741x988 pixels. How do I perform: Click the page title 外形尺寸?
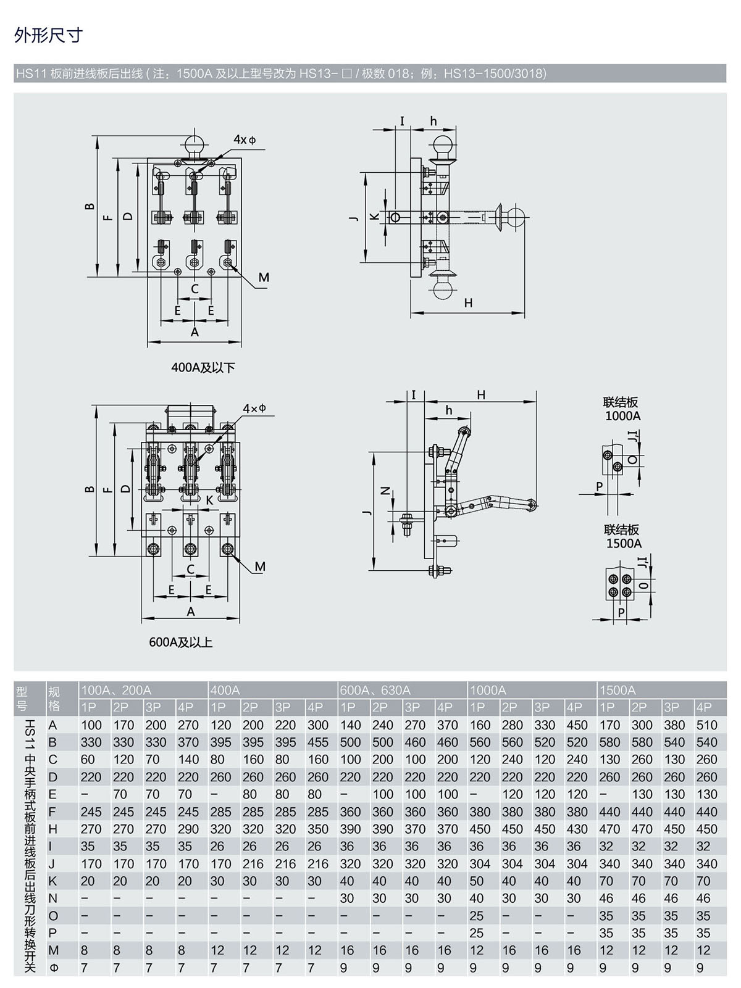(49, 35)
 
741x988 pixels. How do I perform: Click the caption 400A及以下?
(203, 368)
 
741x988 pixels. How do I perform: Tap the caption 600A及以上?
(181, 642)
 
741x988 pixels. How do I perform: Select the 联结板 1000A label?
(621, 409)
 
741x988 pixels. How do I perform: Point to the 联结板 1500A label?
(622, 536)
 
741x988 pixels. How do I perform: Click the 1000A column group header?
(488, 690)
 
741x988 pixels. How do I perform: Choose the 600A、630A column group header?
(375, 690)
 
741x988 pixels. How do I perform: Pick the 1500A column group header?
(617, 690)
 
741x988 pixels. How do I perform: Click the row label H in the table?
(52, 829)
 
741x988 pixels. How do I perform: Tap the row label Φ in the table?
(54, 968)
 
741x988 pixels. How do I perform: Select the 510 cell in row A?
(706, 724)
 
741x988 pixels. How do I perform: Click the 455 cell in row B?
(318, 742)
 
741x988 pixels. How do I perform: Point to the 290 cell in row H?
(188, 829)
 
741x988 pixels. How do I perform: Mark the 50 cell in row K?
(476, 881)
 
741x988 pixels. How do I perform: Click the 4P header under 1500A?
(703, 708)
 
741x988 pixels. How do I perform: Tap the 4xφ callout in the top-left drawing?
(245, 140)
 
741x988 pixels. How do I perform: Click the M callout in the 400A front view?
(264, 278)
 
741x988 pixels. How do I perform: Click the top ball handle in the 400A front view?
(195, 146)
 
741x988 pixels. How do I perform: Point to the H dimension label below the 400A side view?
(468, 303)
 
